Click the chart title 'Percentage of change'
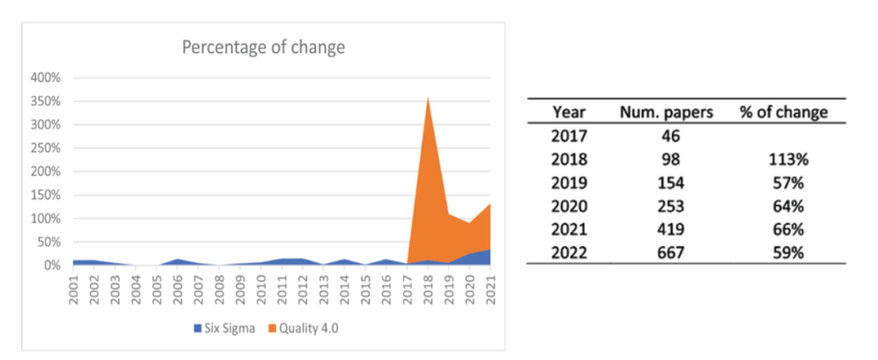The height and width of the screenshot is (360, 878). point(263,47)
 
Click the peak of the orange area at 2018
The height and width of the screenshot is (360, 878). point(427,97)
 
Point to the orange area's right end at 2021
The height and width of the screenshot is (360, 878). point(489,204)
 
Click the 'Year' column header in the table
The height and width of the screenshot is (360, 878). point(569,111)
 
